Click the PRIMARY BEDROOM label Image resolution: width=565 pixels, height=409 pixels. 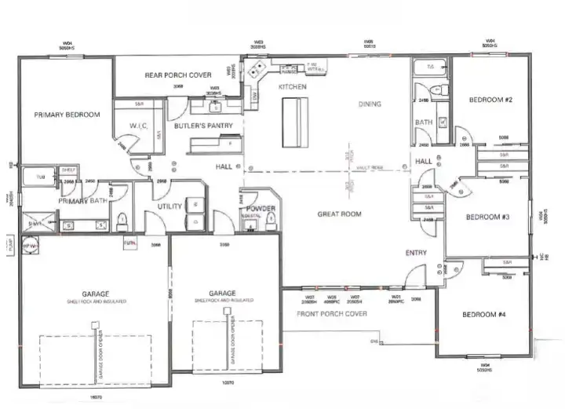click(67, 115)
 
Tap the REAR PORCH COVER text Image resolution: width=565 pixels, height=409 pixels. click(178, 75)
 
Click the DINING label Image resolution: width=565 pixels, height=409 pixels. click(369, 104)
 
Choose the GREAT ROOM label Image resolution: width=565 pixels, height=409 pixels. click(339, 214)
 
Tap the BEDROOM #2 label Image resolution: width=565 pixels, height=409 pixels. click(490, 100)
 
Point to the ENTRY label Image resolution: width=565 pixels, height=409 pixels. click(415, 253)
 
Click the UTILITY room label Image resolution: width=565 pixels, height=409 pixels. click(170, 206)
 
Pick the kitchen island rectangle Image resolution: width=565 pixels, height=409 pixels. click(293, 122)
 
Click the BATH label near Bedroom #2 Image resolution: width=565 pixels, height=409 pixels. click(424, 122)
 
